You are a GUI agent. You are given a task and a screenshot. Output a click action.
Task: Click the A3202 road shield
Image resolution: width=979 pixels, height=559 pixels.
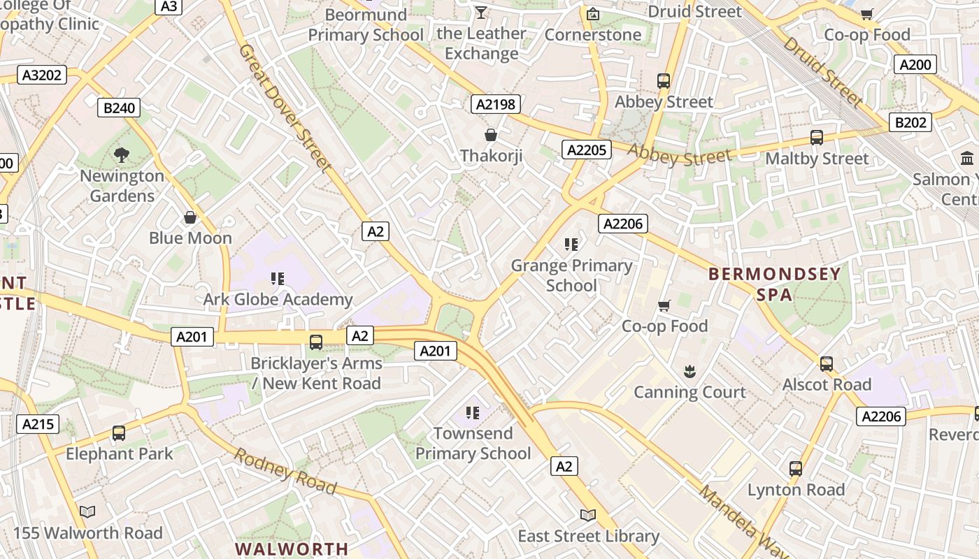point(42,75)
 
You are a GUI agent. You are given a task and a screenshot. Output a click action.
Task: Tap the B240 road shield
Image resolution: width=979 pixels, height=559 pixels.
point(119,108)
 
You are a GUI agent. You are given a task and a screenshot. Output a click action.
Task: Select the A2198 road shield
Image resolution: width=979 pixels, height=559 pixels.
point(495,105)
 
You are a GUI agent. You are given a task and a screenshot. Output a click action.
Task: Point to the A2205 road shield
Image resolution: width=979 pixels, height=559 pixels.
point(587,150)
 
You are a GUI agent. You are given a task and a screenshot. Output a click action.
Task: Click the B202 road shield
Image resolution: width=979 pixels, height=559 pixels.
point(910,122)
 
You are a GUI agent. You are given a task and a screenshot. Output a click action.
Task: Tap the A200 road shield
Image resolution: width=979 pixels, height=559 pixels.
point(915,65)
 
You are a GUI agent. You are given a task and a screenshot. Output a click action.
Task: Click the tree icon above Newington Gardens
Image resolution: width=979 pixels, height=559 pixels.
point(122,154)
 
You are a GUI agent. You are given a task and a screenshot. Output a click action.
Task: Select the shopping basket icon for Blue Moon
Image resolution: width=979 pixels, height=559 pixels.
point(190,217)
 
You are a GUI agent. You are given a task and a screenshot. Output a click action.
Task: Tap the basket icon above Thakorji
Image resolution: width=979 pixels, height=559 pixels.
point(491,134)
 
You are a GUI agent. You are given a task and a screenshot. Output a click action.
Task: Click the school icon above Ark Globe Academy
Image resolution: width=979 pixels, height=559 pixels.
point(277,279)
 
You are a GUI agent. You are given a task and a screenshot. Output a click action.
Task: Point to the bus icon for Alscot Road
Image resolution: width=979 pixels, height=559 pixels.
point(827,363)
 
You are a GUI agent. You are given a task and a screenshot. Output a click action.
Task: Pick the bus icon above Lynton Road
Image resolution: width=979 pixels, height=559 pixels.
point(796,468)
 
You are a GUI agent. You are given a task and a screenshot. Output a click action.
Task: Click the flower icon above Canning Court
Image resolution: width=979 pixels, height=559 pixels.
point(689,371)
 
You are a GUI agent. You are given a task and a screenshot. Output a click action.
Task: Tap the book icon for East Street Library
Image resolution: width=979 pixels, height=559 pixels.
point(587,515)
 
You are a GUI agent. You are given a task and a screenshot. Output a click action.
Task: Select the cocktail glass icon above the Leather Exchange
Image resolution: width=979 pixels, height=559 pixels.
point(481,12)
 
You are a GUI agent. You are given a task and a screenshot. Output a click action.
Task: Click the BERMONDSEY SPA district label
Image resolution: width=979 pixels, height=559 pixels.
point(775,284)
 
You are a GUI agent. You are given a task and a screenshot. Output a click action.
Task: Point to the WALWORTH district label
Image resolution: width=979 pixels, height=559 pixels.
point(292,549)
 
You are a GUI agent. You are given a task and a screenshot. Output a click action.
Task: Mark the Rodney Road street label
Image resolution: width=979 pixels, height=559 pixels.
point(285,470)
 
